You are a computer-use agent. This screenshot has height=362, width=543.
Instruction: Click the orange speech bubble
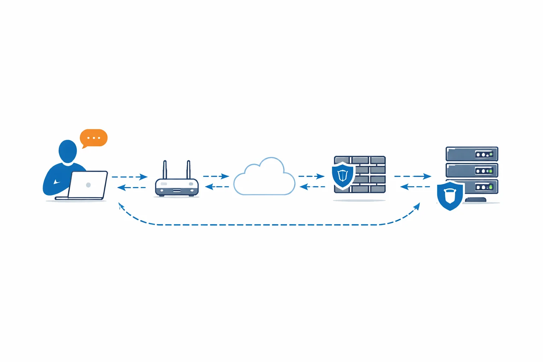(x=94, y=138)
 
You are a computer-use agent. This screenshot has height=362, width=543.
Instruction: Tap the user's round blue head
(x=68, y=151)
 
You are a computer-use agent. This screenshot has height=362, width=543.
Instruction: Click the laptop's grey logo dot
(x=88, y=185)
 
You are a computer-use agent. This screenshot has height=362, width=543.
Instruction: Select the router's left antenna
(x=165, y=170)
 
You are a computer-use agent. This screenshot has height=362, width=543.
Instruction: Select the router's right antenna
(x=188, y=170)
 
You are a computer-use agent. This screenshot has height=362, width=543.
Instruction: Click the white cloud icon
(x=264, y=179)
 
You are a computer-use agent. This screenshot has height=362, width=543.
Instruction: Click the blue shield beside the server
(x=450, y=195)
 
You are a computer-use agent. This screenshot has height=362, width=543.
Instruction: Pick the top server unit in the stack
(x=472, y=154)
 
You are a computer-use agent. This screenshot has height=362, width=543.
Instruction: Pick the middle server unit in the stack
(x=472, y=170)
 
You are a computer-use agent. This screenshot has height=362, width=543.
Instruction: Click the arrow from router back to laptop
(x=132, y=187)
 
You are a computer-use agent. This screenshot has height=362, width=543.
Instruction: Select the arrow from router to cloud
(x=216, y=176)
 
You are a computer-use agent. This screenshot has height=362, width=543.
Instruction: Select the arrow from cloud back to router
(x=217, y=187)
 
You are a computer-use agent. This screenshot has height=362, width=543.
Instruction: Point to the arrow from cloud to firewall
(x=311, y=176)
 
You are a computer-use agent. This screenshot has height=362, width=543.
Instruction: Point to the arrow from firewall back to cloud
(x=313, y=187)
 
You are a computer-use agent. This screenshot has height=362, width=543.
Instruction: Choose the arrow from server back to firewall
(x=415, y=187)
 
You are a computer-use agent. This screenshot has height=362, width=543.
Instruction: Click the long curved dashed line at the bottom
(x=269, y=224)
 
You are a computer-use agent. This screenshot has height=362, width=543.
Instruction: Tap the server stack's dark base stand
(x=475, y=200)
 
